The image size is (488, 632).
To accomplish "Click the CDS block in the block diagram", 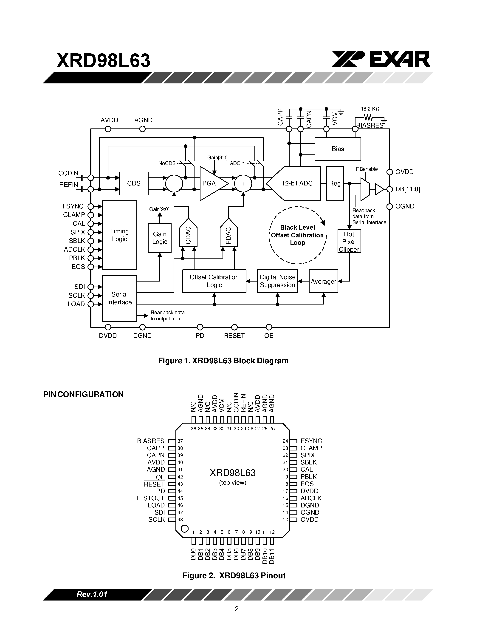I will click(134, 183).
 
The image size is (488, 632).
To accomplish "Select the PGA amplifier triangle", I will click(211, 183).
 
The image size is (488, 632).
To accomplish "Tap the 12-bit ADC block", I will click(297, 183).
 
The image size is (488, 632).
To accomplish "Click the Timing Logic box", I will click(119, 235).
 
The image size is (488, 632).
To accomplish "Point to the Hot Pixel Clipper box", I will click(349, 241).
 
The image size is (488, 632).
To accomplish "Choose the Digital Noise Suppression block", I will click(277, 281).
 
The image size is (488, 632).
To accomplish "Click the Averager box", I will click(323, 281).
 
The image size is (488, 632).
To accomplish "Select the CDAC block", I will click(188, 235).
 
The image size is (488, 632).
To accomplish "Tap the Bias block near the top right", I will click(338, 149).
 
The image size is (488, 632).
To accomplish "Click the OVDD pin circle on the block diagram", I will click(389, 172).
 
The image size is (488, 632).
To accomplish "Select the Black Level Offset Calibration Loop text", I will click(297, 235).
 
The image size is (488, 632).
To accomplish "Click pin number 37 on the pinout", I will click(180, 441).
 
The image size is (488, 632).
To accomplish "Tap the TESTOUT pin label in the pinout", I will click(150, 498).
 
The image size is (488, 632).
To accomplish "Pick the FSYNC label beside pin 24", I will click(311, 441).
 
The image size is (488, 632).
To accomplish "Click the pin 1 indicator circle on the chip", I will click(184, 529).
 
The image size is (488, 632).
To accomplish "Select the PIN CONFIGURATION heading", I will click(83, 394).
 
